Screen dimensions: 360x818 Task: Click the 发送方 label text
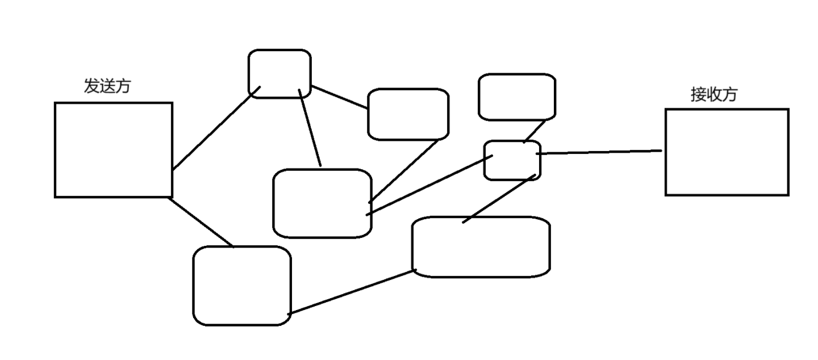[x=107, y=86]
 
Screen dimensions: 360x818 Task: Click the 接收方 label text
[x=713, y=94]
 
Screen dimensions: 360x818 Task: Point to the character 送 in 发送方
[x=107, y=86]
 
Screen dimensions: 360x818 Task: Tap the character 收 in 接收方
[x=713, y=94]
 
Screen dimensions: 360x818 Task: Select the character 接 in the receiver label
[x=698, y=94]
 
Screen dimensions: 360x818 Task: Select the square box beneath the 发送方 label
[x=113, y=150]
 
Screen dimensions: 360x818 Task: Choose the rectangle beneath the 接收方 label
[x=727, y=152]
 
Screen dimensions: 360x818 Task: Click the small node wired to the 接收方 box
[x=512, y=161]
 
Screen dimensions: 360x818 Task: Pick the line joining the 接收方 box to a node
[x=599, y=152]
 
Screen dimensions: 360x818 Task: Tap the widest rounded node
[x=481, y=247]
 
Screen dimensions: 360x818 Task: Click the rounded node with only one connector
[x=516, y=97]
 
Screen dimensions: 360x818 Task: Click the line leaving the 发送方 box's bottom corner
[x=202, y=222]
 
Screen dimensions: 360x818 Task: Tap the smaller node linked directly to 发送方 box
[x=279, y=74]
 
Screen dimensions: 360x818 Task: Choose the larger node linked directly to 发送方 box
[x=242, y=286]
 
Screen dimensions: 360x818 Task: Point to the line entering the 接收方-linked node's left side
[x=429, y=185]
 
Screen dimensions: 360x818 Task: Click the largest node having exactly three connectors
[x=322, y=203]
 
